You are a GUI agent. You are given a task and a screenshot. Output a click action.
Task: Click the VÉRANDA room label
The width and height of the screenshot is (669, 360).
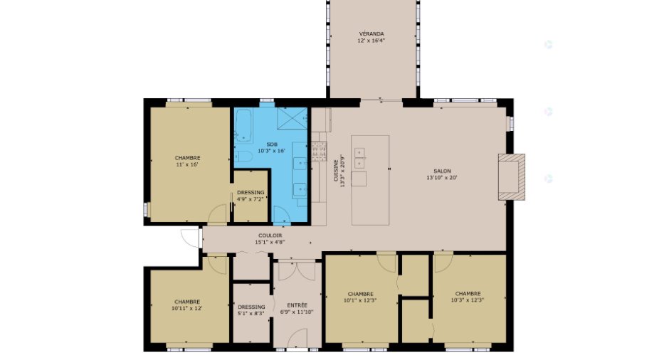372,33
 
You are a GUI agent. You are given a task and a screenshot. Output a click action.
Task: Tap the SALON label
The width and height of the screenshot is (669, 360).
442,171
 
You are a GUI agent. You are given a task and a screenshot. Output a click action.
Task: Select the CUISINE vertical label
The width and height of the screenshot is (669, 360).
336,170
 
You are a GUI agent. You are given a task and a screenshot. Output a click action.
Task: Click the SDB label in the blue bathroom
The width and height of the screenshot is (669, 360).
271,144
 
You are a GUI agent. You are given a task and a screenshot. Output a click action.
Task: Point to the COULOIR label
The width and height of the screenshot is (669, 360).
270,235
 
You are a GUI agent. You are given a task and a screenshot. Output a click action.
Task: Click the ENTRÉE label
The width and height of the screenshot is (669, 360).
297,305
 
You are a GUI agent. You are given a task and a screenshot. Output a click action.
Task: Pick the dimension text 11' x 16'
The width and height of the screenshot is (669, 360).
187,164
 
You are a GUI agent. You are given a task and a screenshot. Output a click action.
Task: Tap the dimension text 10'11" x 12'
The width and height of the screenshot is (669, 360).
187,308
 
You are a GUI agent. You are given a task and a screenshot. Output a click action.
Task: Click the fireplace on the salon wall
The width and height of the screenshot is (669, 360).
512,176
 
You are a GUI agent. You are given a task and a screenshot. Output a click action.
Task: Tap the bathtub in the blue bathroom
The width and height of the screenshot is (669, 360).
243,125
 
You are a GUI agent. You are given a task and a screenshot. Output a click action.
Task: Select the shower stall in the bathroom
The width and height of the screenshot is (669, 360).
293,119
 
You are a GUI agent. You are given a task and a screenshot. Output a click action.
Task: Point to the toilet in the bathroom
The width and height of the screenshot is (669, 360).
243,156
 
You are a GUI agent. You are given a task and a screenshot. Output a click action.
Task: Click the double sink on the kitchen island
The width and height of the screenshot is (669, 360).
359,158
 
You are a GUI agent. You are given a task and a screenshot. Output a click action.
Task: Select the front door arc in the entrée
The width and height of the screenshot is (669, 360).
297,339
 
